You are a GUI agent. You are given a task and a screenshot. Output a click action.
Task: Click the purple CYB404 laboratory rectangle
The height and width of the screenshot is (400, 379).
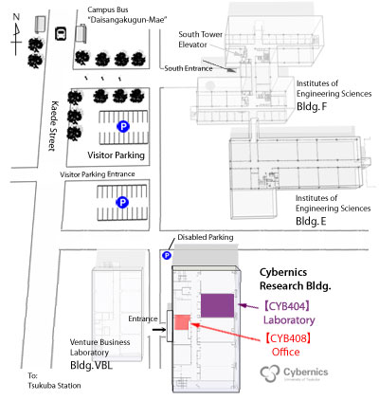[x=217, y=305]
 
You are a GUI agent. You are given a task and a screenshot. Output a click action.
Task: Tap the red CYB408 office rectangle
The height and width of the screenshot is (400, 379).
[x=182, y=322]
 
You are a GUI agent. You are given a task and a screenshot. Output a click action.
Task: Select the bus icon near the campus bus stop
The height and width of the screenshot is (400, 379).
[x=61, y=33]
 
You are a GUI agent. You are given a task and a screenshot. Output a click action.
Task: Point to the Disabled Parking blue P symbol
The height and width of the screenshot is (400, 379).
[x=167, y=255]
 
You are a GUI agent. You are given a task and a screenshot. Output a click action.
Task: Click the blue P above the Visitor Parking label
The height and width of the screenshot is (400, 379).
[x=123, y=127]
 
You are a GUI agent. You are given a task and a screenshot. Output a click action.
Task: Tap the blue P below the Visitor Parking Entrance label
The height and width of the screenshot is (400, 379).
[x=122, y=202]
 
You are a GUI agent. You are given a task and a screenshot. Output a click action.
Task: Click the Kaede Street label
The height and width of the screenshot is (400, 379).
[x=54, y=126]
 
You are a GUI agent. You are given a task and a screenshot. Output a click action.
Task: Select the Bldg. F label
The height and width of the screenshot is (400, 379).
[x=312, y=106]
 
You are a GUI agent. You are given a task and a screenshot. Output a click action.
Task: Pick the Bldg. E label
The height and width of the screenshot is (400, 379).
[x=311, y=221]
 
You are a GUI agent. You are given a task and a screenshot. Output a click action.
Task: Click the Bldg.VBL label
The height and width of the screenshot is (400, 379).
[x=91, y=365]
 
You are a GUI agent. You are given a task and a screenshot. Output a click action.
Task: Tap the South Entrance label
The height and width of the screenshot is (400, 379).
[x=189, y=68]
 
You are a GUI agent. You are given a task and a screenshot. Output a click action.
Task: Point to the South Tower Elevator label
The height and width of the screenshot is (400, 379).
[x=200, y=39]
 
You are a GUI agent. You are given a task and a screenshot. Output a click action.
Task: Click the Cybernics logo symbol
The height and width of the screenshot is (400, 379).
[x=270, y=373]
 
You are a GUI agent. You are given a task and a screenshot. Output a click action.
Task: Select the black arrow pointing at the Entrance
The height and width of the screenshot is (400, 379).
[x=159, y=330]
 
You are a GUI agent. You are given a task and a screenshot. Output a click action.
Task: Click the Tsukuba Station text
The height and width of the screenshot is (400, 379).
[x=54, y=386]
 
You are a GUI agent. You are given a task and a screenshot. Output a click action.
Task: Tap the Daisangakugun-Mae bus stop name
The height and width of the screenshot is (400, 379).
[x=127, y=20]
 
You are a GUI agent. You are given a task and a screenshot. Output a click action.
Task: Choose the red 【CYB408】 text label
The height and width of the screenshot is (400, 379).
[x=288, y=338]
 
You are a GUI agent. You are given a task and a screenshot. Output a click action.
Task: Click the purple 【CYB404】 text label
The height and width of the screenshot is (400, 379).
[x=287, y=306]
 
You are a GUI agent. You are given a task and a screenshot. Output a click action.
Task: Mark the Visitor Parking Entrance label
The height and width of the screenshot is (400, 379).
[x=98, y=174]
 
